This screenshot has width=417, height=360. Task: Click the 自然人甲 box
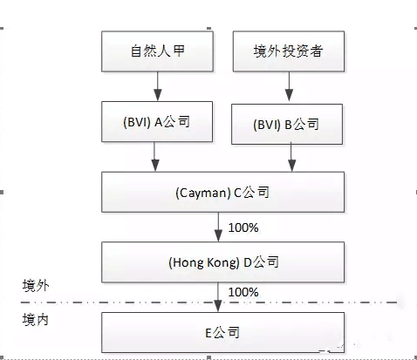157,51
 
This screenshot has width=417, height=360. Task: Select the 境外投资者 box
289,51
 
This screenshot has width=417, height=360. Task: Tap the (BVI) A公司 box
157,122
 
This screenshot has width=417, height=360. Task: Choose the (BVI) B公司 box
287,124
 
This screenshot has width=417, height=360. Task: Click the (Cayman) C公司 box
223,192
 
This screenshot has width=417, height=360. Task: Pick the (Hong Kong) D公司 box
223,262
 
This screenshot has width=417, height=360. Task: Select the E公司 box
223,333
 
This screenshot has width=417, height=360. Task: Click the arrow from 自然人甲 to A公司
158,86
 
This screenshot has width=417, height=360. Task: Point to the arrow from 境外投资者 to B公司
289,86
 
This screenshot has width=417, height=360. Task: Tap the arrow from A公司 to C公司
155,157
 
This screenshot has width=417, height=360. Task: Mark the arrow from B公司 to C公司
291,158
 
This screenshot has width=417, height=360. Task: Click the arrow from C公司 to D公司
218,227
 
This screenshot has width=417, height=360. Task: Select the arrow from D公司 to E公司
218,297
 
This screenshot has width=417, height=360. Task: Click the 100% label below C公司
243,228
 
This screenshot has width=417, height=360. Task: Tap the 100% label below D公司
243,292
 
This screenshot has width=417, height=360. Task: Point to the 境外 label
36,286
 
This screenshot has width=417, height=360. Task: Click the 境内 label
36,320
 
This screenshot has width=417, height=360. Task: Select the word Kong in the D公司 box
222,263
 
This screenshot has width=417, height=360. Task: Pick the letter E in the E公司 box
208,333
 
